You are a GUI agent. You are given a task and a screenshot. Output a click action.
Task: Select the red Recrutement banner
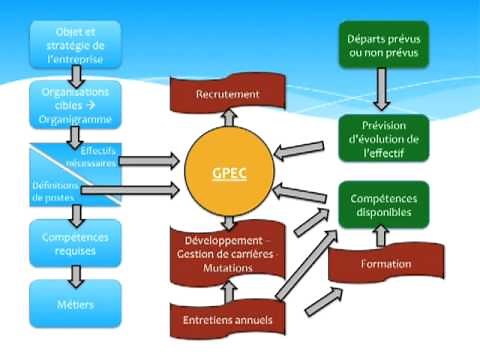(x=229, y=94)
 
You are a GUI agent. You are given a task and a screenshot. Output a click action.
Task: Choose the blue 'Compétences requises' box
(x=75, y=244)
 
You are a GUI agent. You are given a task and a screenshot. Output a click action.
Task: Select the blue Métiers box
(x=75, y=302)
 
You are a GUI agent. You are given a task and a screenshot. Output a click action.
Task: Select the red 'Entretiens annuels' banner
(x=229, y=320)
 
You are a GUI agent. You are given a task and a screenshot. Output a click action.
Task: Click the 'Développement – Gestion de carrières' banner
(x=229, y=249)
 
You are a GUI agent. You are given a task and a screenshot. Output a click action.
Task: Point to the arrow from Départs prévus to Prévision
(x=380, y=94)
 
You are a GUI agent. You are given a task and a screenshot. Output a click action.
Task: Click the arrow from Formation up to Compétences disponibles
(x=380, y=236)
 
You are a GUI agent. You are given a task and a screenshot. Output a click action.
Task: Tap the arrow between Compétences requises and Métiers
(x=75, y=273)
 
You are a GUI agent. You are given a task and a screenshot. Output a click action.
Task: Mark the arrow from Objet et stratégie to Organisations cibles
(x=75, y=71)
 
